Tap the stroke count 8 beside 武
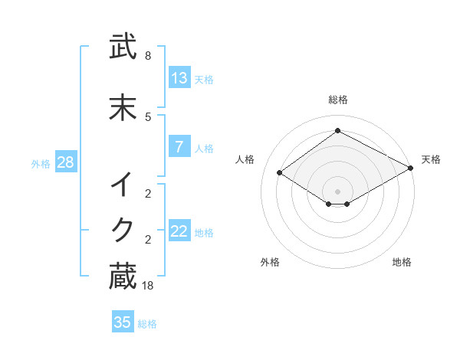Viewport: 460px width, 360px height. click(148, 56)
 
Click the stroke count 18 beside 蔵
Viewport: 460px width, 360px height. click(148, 286)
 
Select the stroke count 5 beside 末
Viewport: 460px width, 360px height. click(148, 116)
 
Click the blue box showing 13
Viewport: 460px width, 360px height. click(179, 78)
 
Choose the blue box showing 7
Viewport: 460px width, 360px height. click(179, 147)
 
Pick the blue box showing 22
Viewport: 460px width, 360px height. click(179, 231)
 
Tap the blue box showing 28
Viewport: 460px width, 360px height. click(65, 162)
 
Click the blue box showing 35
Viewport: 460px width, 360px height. click(123, 322)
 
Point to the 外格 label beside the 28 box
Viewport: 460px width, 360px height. click(41, 163)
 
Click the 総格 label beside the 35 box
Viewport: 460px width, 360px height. click(147, 324)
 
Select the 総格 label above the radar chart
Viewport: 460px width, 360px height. click(337, 100)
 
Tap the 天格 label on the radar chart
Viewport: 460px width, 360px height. click(431, 159)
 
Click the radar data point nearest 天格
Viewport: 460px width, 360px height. click(411, 169)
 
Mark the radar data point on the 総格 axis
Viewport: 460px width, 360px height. click(337, 131)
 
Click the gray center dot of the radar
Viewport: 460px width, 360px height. click(337, 191)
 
